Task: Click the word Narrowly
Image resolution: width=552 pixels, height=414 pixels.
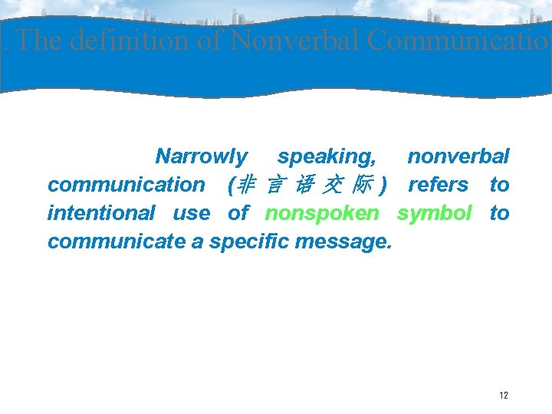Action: tap(202, 157)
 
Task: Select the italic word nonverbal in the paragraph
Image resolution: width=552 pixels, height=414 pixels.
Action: tap(458, 157)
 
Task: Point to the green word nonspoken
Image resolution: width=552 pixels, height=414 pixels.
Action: tap(322, 213)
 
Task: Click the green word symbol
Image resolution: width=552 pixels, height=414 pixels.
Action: tap(434, 213)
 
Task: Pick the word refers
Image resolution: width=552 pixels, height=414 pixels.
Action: tap(438, 185)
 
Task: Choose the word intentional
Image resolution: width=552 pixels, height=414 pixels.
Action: tap(101, 213)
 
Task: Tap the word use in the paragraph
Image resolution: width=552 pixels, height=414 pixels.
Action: tap(192, 213)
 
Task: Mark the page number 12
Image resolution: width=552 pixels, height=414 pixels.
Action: tap(503, 396)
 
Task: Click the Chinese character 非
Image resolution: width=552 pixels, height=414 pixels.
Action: tap(247, 185)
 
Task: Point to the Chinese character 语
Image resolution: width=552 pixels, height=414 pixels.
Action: tap(304, 185)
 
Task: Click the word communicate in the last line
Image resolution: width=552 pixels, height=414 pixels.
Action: tap(116, 242)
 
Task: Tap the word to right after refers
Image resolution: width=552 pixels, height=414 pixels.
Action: tap(499, 185)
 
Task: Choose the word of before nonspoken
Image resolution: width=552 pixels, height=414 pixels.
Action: tap(238, 213)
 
